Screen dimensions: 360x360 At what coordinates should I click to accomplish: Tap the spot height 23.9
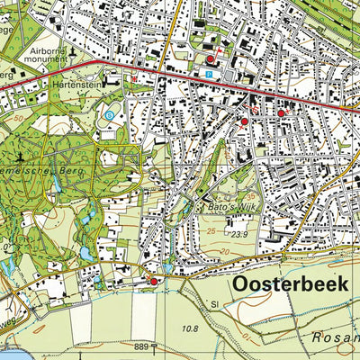click(x=238, y=235)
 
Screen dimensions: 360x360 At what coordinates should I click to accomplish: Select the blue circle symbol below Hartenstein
click(x=109, y=115)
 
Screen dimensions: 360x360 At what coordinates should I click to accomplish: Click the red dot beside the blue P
click(x=211, y=59)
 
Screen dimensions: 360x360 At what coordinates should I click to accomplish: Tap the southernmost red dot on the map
click(x=153, y=282)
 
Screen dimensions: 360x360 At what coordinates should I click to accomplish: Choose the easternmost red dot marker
click(x=280, y=113)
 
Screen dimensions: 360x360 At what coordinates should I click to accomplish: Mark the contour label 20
click(x=5, y=243)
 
